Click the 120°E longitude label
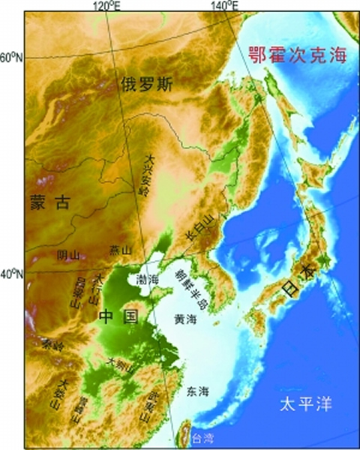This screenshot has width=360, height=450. tap(106, 6)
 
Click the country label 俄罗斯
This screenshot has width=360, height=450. tap(147, 85)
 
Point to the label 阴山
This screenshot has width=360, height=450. tap(68, 255)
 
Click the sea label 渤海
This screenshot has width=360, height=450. tap(147, 279)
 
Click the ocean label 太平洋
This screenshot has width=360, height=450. tap(305, 406)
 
